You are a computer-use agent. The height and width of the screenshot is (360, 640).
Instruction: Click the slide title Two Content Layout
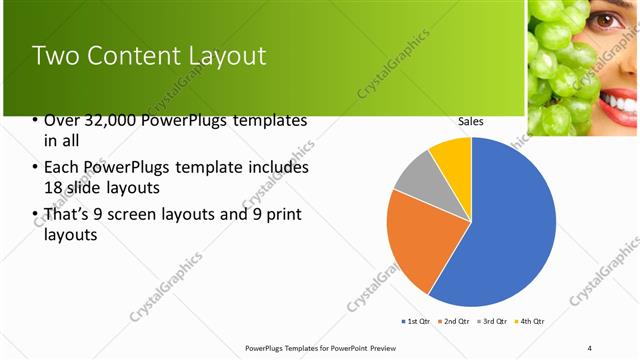tap(150, 56)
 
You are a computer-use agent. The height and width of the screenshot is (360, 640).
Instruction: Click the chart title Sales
tap(471, 121)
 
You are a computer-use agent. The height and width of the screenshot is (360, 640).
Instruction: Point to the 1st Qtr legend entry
tap(417, 321)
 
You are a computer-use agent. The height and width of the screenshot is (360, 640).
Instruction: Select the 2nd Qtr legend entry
tap(456, 321)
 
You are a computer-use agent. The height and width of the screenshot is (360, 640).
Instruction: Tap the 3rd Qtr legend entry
tap(494, 321)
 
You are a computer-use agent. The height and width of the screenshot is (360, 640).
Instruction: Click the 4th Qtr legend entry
tap(531, 321)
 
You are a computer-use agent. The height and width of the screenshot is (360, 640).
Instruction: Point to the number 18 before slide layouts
tap(55, 187)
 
